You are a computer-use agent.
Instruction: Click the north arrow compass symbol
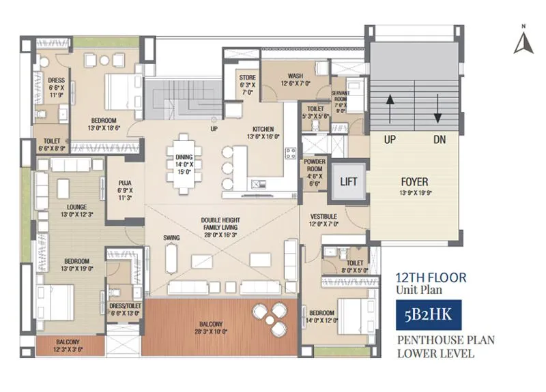(523, 42)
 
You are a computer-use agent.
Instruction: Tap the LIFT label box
(348, 182)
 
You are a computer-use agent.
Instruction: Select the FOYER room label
(414, 182)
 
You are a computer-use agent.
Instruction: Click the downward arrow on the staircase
(437, 107)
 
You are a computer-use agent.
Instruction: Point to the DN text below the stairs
(439, 139)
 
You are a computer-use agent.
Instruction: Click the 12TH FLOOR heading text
(431, 277)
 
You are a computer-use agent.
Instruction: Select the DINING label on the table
(184, 157)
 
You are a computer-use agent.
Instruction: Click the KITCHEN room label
(263, 128)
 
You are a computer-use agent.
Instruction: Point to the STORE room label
(247, 78)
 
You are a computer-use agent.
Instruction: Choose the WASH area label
(295, 76)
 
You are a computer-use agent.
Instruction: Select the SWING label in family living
(171, 237)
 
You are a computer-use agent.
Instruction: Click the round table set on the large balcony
(270, 316)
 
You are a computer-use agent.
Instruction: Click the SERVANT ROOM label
(341, 95)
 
